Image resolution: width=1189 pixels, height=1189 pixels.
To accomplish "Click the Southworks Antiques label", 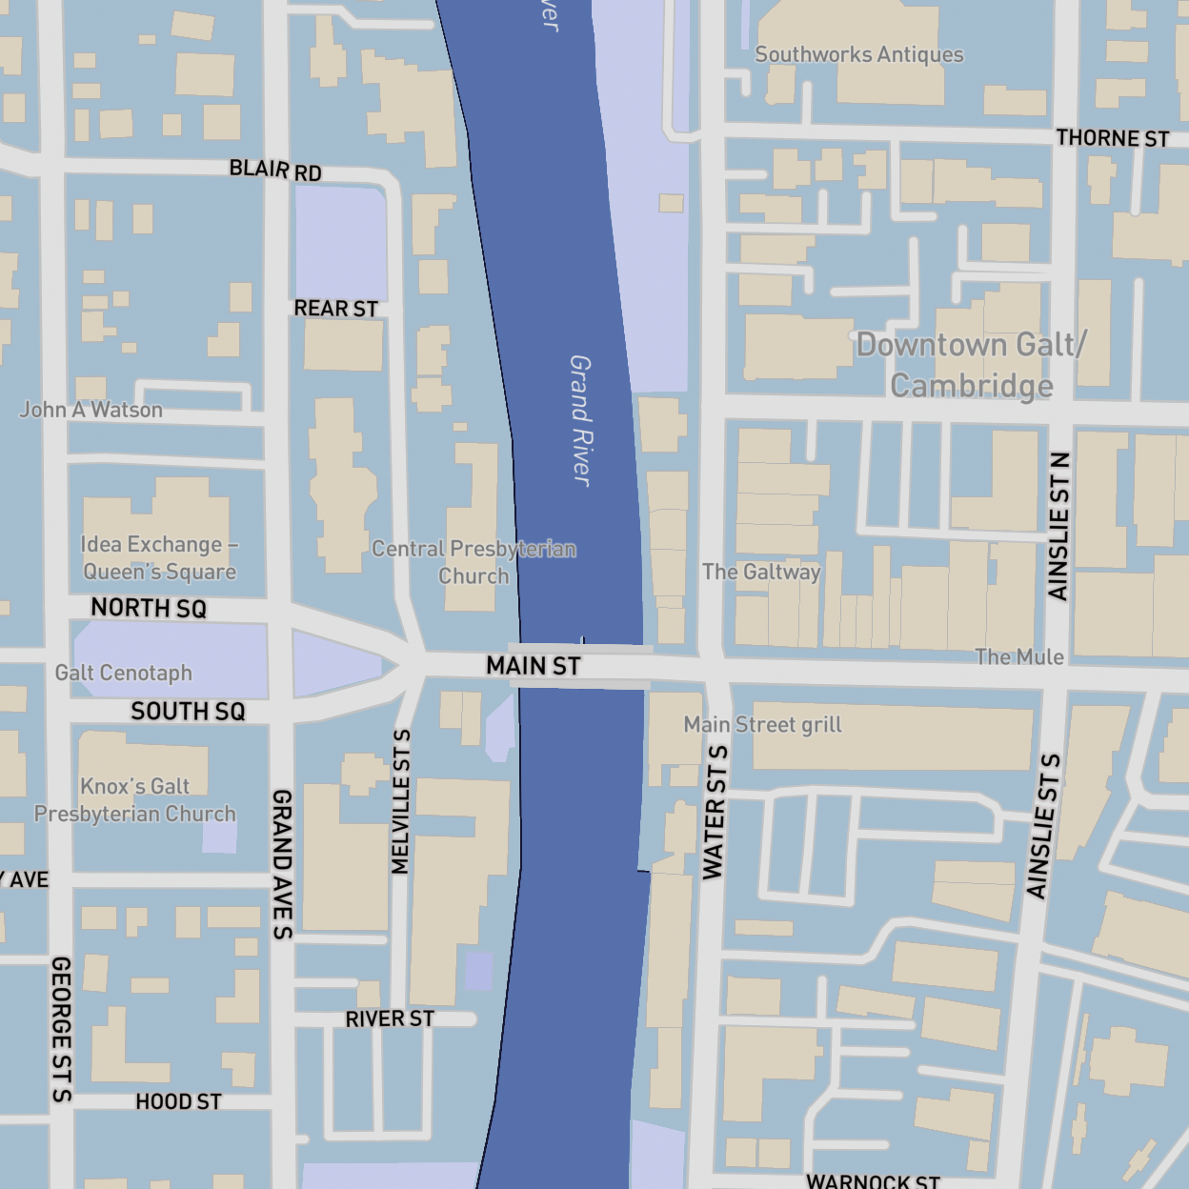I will (858, 55).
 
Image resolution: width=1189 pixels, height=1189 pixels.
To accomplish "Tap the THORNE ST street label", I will (1112, 139).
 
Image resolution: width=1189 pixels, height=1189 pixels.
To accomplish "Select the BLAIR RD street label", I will (275, 171).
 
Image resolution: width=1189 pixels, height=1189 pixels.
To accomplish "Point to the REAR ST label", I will (335, 309).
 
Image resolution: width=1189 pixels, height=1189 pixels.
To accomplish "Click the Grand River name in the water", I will (580, 420).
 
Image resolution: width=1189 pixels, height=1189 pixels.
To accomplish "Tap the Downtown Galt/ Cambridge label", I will (971, 365).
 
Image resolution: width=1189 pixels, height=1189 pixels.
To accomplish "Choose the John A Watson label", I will (91, 411).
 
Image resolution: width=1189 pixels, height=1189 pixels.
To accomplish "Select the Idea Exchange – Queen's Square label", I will (159, 558).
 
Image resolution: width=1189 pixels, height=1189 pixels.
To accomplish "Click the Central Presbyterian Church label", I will (474, 562).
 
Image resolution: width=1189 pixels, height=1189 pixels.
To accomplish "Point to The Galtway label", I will (761, 572).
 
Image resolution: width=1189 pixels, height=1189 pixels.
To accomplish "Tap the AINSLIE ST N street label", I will (1058, 526).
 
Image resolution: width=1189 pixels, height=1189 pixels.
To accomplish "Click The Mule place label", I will (1018, 657).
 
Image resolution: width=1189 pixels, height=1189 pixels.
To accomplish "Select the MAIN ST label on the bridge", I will (533, 666).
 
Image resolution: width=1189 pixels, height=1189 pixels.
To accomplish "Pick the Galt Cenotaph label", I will (124, 674).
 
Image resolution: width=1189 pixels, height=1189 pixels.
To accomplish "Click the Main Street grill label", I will (762, 725).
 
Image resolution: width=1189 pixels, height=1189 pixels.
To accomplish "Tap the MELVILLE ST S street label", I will (401, 801).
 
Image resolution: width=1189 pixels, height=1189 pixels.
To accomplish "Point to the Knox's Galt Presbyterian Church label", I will (135, 800).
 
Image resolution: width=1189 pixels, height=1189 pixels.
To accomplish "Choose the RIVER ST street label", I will (389, 1019).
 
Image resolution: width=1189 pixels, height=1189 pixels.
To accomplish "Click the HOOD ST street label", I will (178, 1102).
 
